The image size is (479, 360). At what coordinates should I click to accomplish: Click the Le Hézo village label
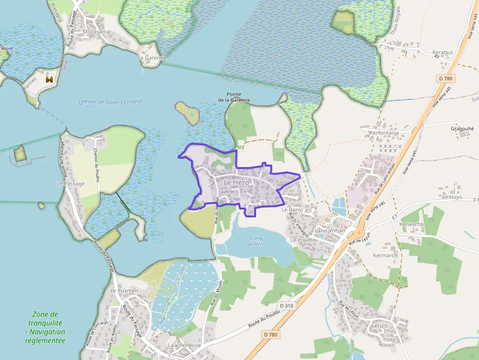point(237,182)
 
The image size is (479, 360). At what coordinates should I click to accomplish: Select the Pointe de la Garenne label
point(234,97)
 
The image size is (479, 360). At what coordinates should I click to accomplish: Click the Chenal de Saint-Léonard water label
point(110,102)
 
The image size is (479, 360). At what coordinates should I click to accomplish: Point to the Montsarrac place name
point(98,32)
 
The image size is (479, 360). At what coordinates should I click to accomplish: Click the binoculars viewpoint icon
point(49,79)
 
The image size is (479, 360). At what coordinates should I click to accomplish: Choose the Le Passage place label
point(70,184)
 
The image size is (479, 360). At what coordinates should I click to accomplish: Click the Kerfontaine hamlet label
point(384,133)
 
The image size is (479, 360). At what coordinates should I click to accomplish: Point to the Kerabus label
point(443,52)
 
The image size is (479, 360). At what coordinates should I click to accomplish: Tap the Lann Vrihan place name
point(330,230)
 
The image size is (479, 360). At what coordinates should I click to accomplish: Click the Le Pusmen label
point(124,291)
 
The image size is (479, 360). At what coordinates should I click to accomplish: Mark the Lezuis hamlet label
point(379,325)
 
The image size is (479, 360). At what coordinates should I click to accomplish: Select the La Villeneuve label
point(184,345)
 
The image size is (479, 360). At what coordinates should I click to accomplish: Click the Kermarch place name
point(385,255)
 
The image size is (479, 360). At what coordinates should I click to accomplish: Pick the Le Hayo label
point(452,197)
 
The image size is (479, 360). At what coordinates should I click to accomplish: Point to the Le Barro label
point(293,210)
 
